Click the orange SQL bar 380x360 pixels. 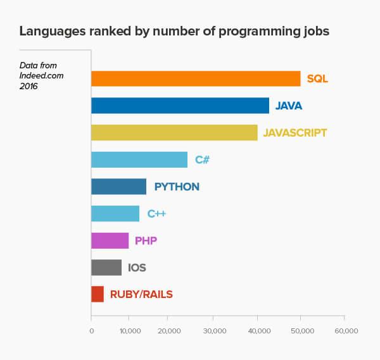coord(196,78)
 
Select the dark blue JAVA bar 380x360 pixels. coord(180,106)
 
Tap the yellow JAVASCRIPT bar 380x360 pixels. coord(174,132)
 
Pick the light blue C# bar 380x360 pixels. coord(139,159)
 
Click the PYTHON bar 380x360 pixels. coord(118,187)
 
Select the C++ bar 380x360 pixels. coord(115,214)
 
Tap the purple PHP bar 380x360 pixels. coord(110,240)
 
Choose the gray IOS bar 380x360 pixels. coord(106,268)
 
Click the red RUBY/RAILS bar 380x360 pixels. coord(98,294)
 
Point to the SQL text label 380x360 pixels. coord(317,79)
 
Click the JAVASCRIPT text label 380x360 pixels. coord(295,133)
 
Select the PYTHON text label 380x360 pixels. coord(177,187)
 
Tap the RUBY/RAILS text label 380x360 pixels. coord(141,294)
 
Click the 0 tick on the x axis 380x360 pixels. coord(91,331)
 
